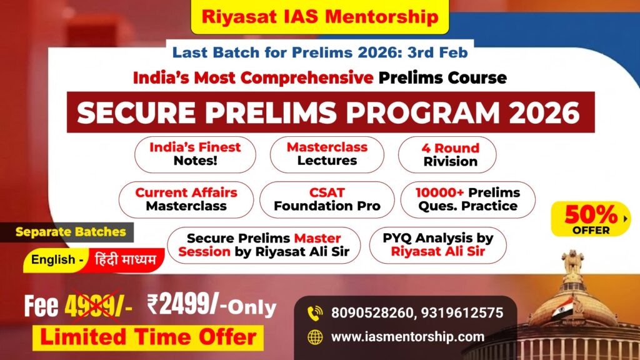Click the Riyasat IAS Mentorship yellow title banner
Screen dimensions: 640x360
319,17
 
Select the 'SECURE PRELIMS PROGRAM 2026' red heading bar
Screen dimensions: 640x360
331,112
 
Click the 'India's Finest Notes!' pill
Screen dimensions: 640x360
195,154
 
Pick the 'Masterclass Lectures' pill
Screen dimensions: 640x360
327,154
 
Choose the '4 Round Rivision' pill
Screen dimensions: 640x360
447,155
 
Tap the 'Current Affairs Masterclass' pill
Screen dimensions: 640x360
186,199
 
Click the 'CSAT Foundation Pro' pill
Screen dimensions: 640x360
327,199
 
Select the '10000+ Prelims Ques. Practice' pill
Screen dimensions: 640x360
467,199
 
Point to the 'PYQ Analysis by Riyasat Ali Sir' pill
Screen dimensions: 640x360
438,245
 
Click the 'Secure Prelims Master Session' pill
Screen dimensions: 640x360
264,245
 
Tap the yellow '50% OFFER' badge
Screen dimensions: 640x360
591,219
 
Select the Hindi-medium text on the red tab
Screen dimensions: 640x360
125,259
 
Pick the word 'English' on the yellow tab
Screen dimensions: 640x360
53,259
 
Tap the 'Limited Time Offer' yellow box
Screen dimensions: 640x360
148,337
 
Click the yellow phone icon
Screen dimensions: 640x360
315,313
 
